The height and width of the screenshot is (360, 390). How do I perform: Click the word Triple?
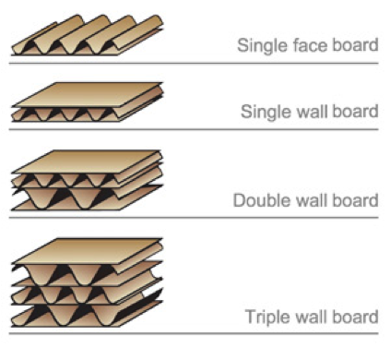point(267,318)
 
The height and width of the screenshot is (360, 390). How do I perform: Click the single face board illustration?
point(88,35)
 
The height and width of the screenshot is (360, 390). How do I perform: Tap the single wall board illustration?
point(88,102)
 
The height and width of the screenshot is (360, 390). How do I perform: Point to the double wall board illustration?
point(88,180)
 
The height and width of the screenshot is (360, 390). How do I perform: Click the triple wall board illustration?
point(88,282)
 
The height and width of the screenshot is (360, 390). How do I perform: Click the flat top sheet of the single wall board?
point(89,94)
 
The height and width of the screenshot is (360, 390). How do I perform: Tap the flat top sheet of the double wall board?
point(88,162)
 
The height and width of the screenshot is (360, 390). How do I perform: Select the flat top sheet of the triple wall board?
point(88,250)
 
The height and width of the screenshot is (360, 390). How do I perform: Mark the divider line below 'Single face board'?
point(194,64)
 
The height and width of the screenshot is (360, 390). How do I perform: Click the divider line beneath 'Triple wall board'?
point(194,333)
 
